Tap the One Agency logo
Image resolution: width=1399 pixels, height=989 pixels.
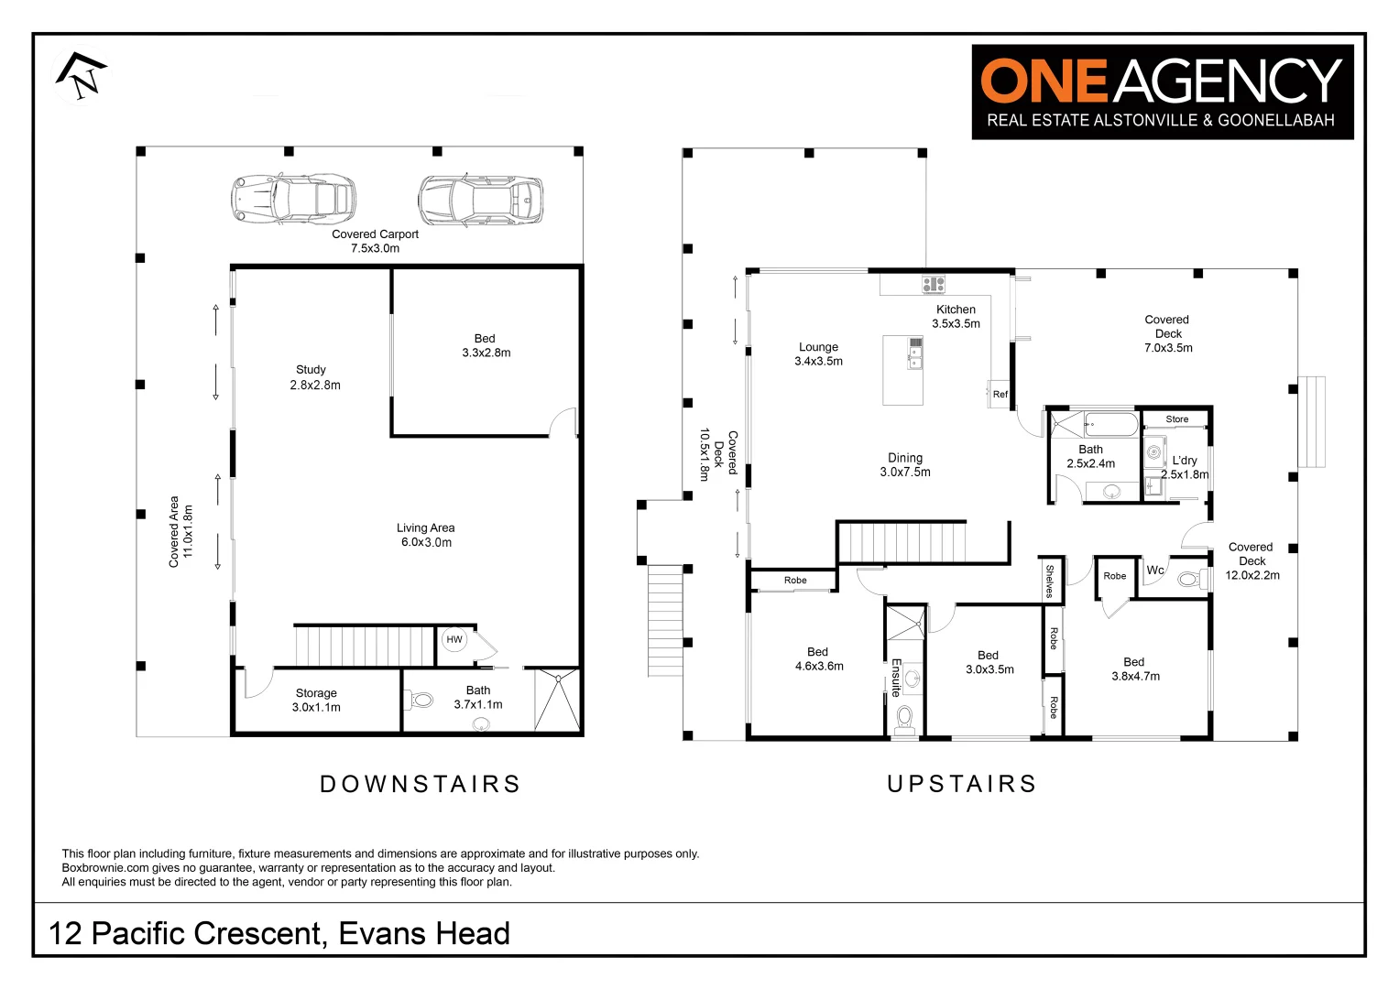(x=1162, y=92)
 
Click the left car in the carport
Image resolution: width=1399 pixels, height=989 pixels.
(x=292, y=199)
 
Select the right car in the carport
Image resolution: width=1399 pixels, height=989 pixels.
(x=480, y=200)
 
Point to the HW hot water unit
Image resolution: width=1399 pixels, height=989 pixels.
(x=454, y=639)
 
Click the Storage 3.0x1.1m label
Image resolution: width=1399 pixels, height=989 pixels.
(x=316, y=701)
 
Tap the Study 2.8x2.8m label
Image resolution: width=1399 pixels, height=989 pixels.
(x=314, y=377)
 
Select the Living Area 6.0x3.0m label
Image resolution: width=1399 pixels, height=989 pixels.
(x=426, y=535)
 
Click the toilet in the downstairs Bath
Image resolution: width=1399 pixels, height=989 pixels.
(x=421, y=701)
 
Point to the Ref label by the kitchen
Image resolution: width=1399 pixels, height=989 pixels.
(x=1000, y=395)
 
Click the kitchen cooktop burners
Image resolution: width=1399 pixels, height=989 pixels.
(x=933, y=284)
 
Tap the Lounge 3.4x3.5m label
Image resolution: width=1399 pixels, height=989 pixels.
(x=818, y=354)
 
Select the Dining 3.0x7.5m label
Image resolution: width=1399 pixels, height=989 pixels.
(x=905, y=465)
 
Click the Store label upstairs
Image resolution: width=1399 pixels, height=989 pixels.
(x=1177, y=419)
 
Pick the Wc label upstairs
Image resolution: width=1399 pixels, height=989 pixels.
(x=1155, y=571)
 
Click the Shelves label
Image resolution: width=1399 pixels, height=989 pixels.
(x=1050, y=581)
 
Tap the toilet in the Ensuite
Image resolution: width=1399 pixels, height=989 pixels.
(x=905, y=716)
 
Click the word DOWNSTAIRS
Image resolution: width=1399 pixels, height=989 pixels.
(x=421, y=784)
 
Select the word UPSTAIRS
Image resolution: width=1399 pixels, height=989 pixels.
(x=962, y=784)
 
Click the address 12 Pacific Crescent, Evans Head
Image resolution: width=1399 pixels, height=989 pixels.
(x=279, y=933)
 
